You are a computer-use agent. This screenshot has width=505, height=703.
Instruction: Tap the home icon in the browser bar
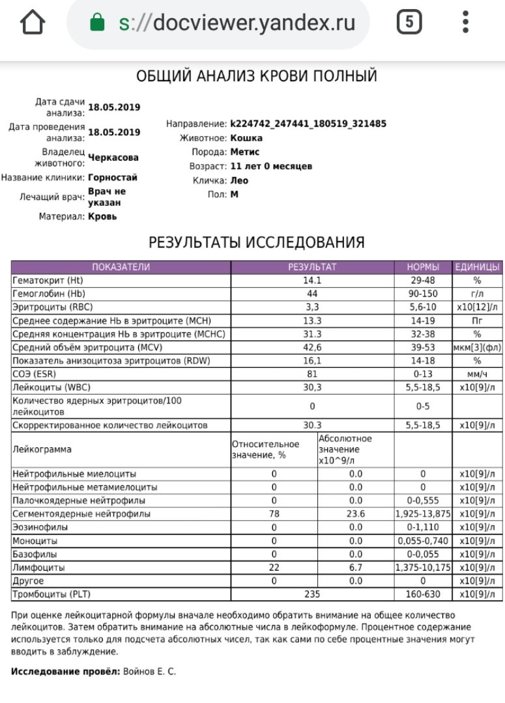pyautogui.click(x=33, y=23)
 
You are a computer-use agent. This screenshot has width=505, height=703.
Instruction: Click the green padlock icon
pyautogui.click(x=97, y=23)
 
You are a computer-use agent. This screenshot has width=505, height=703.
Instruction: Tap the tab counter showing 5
pyautogui.click(x=409, y=23)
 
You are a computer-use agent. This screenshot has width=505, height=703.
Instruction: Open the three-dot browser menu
pyautogui.click(x=465, y=23)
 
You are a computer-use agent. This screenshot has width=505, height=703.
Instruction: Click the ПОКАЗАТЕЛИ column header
pyautogui.click(x=121, y=267)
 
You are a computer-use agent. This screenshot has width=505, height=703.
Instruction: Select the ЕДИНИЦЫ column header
pyautogui.click(x=478, y=267)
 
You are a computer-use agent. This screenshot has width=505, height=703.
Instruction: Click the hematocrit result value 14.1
pyautogui.click(x=312, y=281)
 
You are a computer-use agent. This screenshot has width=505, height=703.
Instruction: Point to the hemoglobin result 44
pyautogui.click(x=312, y=294)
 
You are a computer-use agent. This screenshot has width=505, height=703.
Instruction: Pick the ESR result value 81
pyautogui.click(x=312, y=374)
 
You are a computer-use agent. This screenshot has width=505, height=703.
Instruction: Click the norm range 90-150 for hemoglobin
pyautogui.click(x=423, y=294)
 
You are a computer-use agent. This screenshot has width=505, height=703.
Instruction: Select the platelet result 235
pyautogui.click(x=312, y=594)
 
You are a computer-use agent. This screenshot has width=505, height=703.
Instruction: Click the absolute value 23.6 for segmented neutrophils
pyautogui.click(x=355, y=514)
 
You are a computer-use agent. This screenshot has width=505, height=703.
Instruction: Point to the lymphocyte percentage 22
pyautogui.click(x=274, y=568)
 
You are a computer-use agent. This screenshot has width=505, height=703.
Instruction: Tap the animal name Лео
pyautogui.click(x=239, y=180)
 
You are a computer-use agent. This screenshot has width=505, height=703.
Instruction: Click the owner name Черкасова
pyautogui.click(x=113, y=158)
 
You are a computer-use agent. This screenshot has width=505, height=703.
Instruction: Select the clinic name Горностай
pyautogui.click(x=113, y=177)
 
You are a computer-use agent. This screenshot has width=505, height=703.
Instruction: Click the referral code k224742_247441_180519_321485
pyautogui.click(x=308, y=123)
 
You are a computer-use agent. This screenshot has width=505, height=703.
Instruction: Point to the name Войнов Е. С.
pyautogui.click(x=149, y=671)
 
